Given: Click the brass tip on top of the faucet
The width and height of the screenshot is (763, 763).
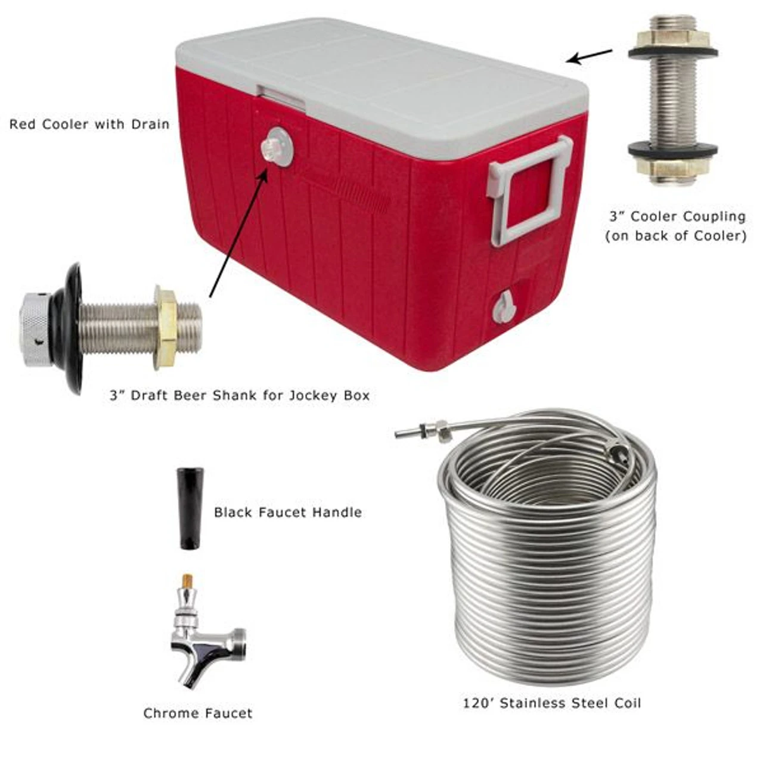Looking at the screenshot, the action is coord(185,581).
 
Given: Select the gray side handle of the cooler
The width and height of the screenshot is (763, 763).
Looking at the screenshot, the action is coord(529,190).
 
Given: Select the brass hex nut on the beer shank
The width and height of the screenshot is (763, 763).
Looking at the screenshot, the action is coord(166,327).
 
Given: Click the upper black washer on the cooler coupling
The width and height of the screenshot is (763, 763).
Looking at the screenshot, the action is coord(673,54).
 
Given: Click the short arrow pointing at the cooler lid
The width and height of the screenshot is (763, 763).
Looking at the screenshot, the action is coord(590,56).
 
